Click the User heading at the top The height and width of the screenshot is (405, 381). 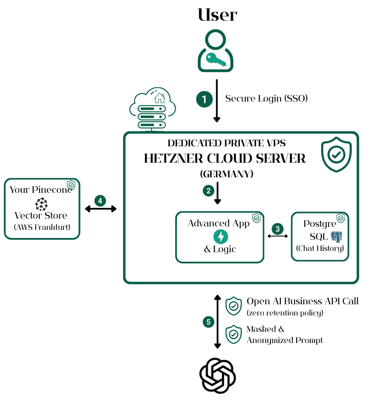click(217, 15)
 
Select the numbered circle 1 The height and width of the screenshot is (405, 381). click(204, 99)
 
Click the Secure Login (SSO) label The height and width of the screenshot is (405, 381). click(266, 99)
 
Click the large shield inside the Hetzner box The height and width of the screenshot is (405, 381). click(336, 154)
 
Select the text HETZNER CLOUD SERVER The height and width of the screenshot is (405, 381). click(225, 158)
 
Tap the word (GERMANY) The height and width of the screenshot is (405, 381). click(226, 174)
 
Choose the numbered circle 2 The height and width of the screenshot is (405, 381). click(208, 190)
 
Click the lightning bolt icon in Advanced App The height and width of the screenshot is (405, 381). click(220, 236)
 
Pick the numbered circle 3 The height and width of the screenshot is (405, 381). click(278, 229)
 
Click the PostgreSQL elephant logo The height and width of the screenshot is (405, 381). click(336, 237)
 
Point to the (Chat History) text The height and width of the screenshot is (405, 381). click(320, 248)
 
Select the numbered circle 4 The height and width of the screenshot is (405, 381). click(100, 201)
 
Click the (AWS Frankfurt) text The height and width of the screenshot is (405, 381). click(41, 227)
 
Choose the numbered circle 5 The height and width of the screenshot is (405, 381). click(208, 322)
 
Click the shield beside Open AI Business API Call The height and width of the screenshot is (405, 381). click(233, 306)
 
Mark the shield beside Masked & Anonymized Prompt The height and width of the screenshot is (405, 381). click(233, 334)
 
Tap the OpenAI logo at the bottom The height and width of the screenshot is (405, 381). click(217, 375)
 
